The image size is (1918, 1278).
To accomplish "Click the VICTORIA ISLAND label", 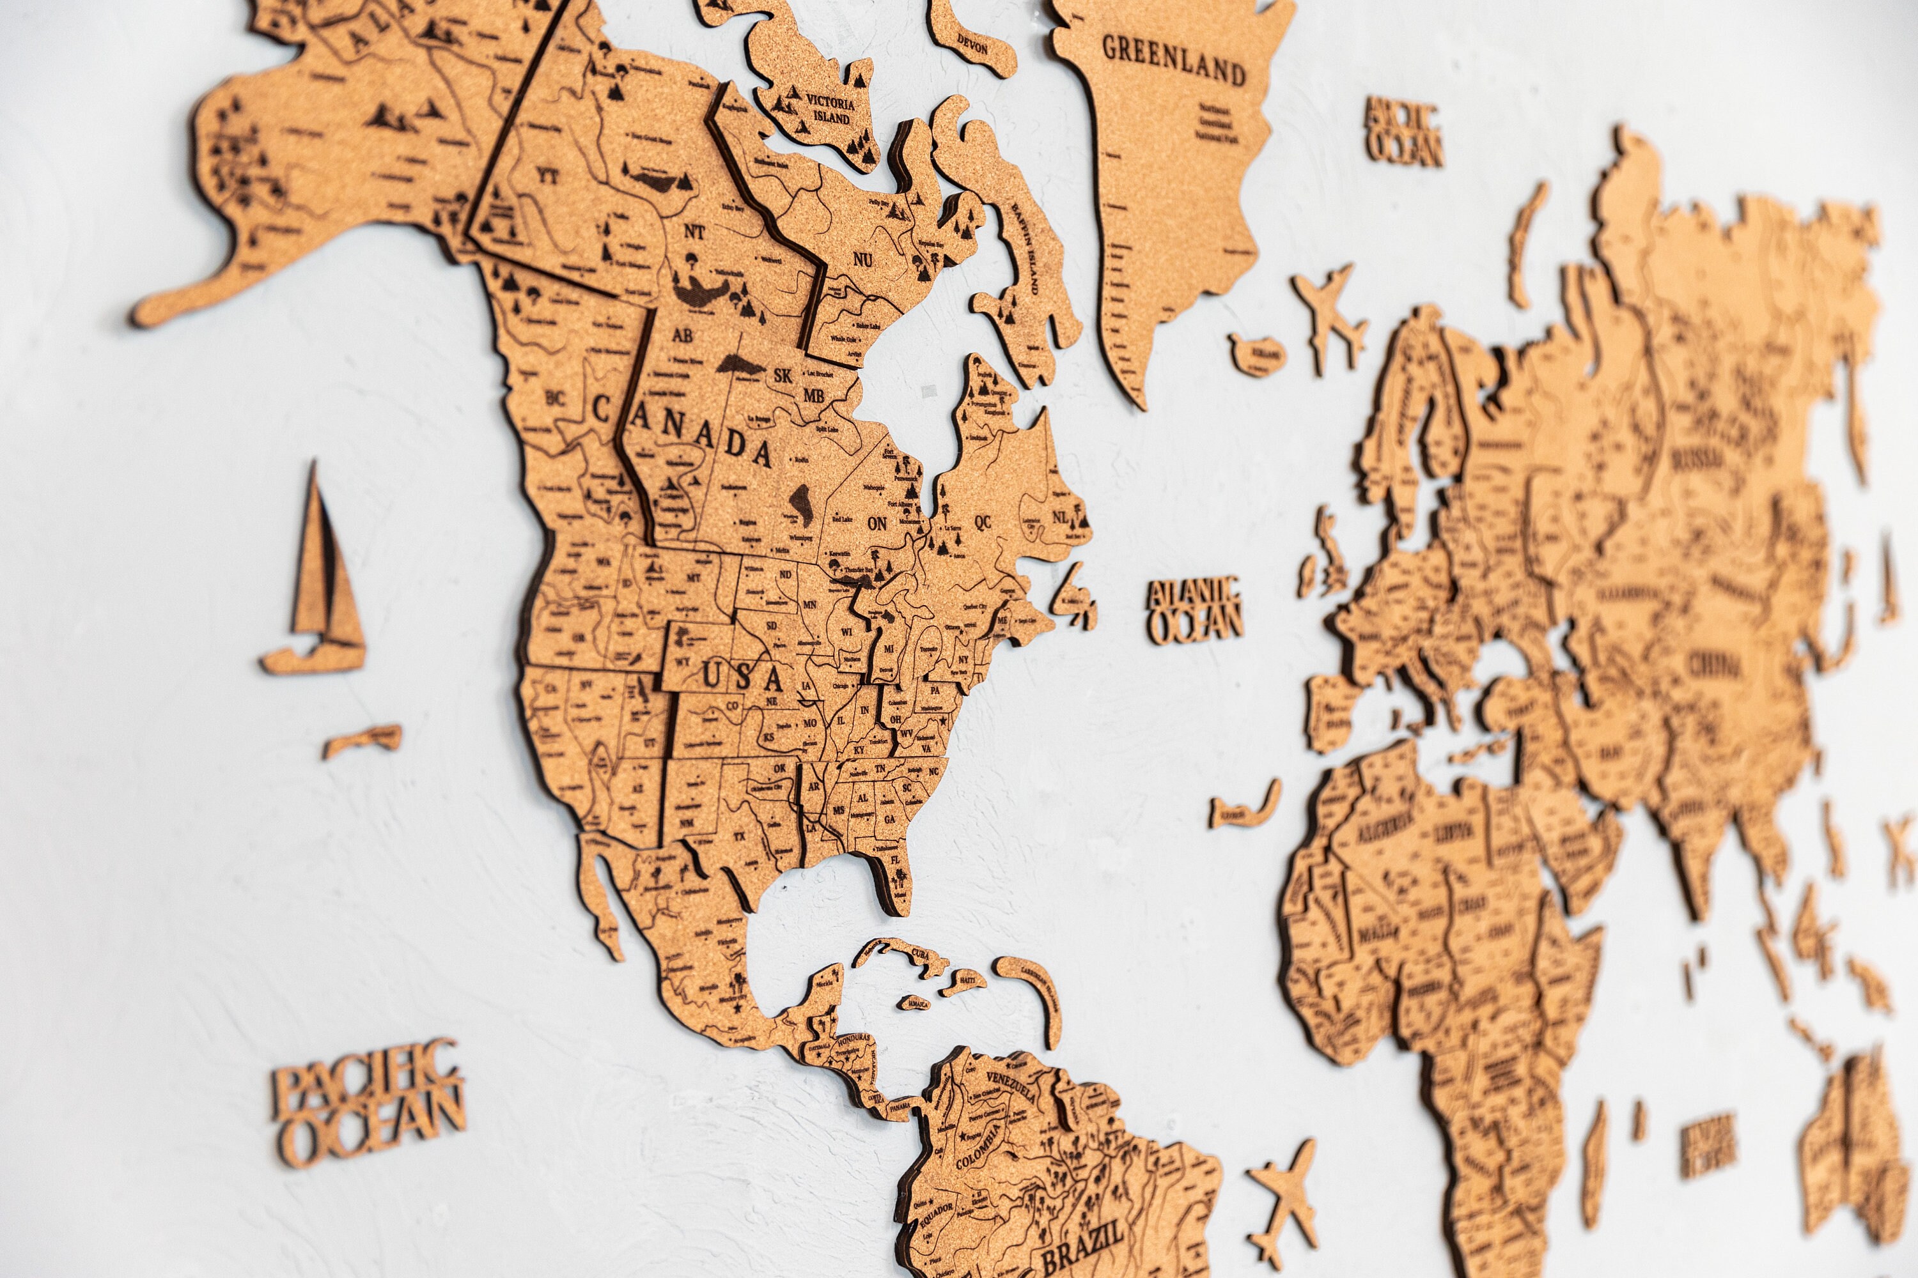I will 829,110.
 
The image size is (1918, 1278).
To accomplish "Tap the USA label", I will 742,677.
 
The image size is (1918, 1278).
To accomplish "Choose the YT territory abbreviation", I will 547,175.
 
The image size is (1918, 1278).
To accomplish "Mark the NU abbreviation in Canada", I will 862,260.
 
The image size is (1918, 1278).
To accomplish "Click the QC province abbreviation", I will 983,521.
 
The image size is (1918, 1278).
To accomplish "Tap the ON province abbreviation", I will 877,523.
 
